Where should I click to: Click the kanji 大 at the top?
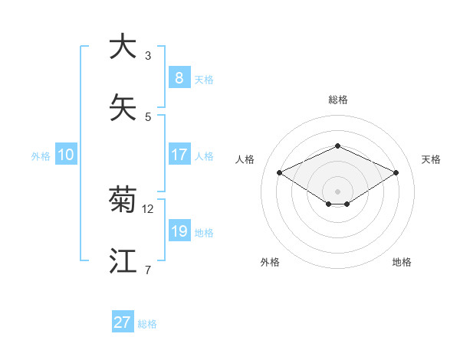(x=123, y=47)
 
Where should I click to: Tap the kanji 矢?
(x=123, y=108)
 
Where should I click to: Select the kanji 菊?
(x=123, y=200)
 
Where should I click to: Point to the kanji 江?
(x=123, y=261)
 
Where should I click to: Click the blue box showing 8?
(x=179, y=77)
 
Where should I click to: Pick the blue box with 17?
(x=179, y=154)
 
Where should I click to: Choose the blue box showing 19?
(x=179, y=231)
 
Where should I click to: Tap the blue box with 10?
(x=66, y=155)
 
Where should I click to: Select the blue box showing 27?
(x=123, y=322)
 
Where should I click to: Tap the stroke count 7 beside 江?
(x=147, y=270)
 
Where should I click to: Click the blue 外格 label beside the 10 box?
(x=41, y=155)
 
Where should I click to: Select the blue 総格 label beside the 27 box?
(x=147, y=324)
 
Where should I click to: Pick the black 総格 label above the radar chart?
(x=337, y=100)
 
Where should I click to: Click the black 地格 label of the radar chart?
(x=402, y=262)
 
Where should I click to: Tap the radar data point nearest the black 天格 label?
(x=396, y=173)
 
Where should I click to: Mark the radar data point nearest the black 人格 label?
(x=280, y=173)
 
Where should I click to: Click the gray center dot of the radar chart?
(x=337, y=191)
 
